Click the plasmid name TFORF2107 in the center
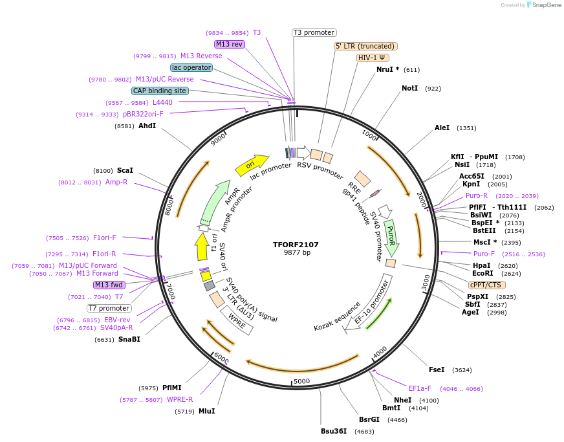pyautogui.click(x=296, y=245)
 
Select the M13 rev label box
pyautogui.click(x=230, y=44)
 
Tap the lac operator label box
pyautogui.click(x=191, y=67)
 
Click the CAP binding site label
pyautogui.click(x=160, y=91)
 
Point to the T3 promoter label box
pyautogui.click(x=314, y=32)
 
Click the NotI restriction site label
pyautogui.click(x=409, y=88)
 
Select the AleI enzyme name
pyautogui.click(x=442, y=128)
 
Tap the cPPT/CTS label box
pyautogui.click(x=487, y=285)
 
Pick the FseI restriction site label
pyautogui.click(x=437, y=370)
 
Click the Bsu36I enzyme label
pyautogui.click(x=334, y=431)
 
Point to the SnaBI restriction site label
pyautogui.click(x=129, y=339)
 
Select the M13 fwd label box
pyautogui.click(x=109, y=285)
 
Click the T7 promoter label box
pyautogui.click(x=109, y=308)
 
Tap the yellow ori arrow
pyautogui.click(x=252, y=165)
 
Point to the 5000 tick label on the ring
pyautogui.click(x=302, y=381)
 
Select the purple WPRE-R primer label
pyautogui.click(x=180, y=399)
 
